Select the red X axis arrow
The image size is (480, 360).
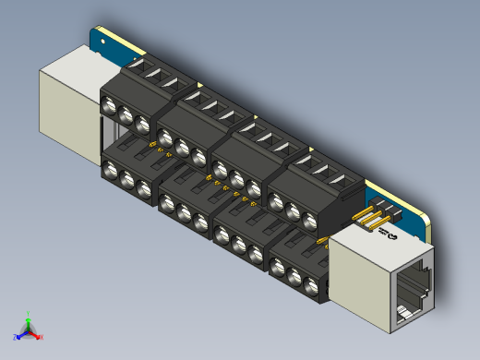tap(37, 334)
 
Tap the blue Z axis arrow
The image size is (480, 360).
tap(21, 333)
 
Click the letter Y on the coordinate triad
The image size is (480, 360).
tap(30, 313)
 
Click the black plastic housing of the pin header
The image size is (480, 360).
tap(386, 211)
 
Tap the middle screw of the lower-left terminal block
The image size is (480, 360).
tap(126, 179)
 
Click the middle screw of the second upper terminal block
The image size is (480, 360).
tap(183, 148)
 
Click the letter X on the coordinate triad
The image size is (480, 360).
tap(42, 337)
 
